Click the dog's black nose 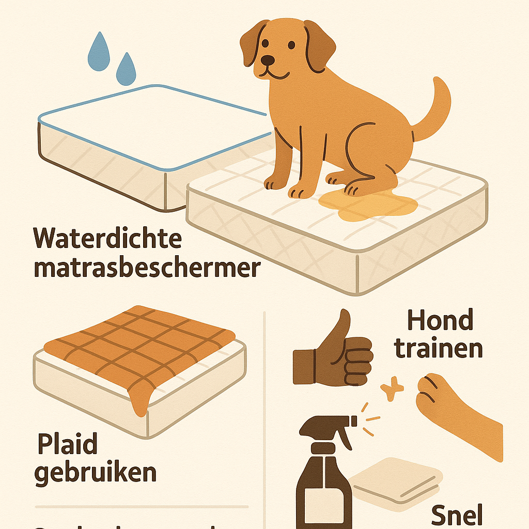[268, 61]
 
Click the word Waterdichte [107, 239]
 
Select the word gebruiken [96, 473]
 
